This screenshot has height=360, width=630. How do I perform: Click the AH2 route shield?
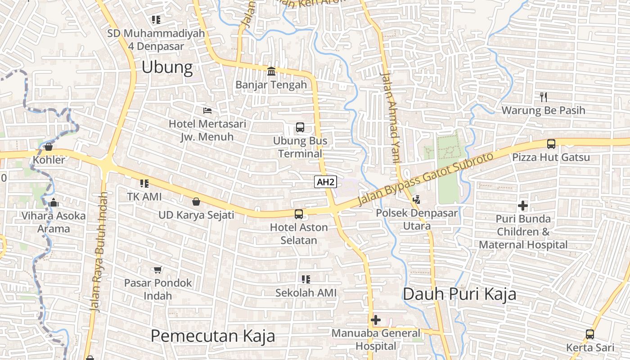[325, 182]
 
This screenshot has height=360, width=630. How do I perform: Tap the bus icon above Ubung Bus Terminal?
[300, 127]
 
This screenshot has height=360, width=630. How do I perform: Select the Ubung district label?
[167, 67]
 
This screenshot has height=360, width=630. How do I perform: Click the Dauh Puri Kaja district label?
[459, 294]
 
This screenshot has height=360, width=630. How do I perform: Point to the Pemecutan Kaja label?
[212, 336]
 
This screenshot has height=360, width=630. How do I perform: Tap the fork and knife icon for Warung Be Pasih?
[544, 97]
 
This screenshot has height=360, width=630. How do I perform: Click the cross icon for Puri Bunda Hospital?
[523, 206]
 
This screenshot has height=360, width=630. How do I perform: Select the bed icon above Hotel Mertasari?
[207, 110]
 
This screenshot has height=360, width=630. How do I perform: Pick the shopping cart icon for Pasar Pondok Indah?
[157, 270]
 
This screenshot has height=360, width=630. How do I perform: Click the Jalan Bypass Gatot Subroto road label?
[425, 179]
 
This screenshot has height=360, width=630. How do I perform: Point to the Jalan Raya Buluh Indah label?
[99, 252]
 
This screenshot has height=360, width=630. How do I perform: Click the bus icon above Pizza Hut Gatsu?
[551, 144]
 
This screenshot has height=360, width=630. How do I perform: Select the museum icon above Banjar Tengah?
[271, 71]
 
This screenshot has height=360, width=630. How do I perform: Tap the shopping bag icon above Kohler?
[49, 146]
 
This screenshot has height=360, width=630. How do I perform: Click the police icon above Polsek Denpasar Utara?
[416, 199]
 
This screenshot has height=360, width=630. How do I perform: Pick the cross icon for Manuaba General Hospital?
[376, 320]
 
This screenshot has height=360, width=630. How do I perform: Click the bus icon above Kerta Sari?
[589, 334]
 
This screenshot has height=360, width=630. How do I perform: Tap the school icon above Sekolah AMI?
[306, 279]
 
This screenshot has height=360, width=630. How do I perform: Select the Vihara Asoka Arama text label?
[54, 222]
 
